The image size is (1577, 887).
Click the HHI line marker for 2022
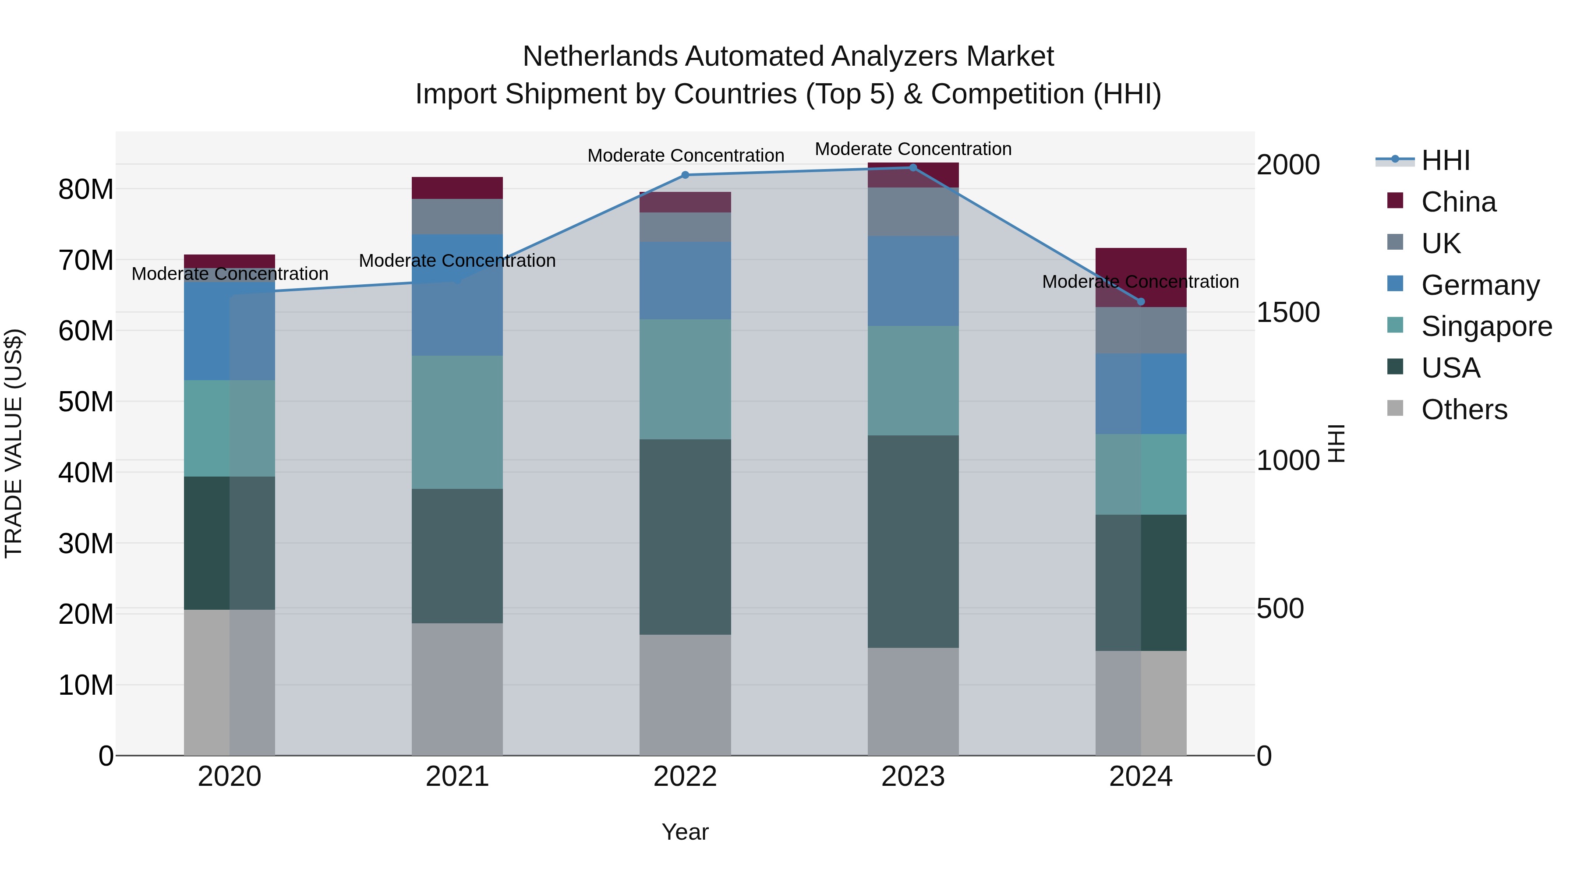tap(685, 175)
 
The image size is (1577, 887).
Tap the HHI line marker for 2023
tap(913, 168)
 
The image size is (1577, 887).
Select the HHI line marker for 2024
tap(1141, 301)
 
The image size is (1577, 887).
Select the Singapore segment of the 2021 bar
tap(457, 422)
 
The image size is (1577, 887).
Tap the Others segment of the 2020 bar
tap(229, 682)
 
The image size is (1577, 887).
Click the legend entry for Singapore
tap(1486, 326)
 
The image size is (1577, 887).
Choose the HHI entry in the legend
tap(1445, 160)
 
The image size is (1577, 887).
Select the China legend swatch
tap(1395, 201)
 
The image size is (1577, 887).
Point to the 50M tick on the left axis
tap(86, 402)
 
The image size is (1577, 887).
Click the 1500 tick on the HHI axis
tap(1288, 313)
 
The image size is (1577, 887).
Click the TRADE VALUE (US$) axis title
tap(14, 443)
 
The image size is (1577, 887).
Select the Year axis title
tap(685, 832)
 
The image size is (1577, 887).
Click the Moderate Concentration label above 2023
tap(913, 149)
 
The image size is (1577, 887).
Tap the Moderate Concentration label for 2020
tap(230, 274)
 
